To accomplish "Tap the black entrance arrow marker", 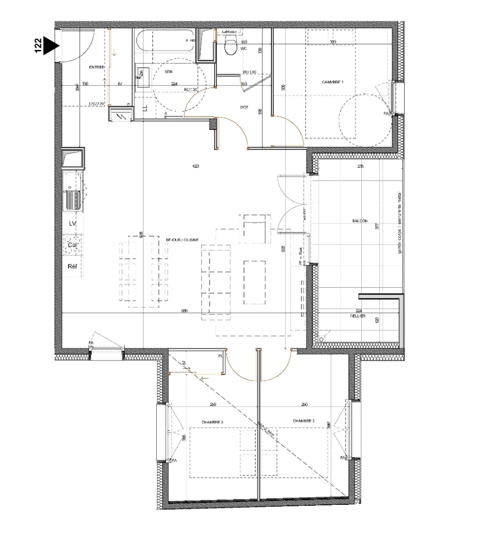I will tap(51, 45).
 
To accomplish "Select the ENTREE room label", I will tap(97, 67).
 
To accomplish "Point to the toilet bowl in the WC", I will tap(229, 47).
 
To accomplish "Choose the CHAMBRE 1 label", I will tap(332, 82).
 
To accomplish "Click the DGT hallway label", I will tap(244, 107).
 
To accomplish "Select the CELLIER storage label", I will tap(358, 315).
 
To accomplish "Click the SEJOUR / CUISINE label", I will tap(182, 240).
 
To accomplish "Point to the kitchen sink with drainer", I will tap(73, 195).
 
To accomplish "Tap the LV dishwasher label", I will tap(73, 223).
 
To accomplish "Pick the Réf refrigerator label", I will tap(73, 267).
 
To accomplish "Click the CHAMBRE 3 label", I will tap(213, 422).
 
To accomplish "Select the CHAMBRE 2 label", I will tap(304, 422).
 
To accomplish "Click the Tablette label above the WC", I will tap(229, 32).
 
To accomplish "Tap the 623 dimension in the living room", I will tap(196, 167).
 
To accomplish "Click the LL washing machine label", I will tap(144, 108).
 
